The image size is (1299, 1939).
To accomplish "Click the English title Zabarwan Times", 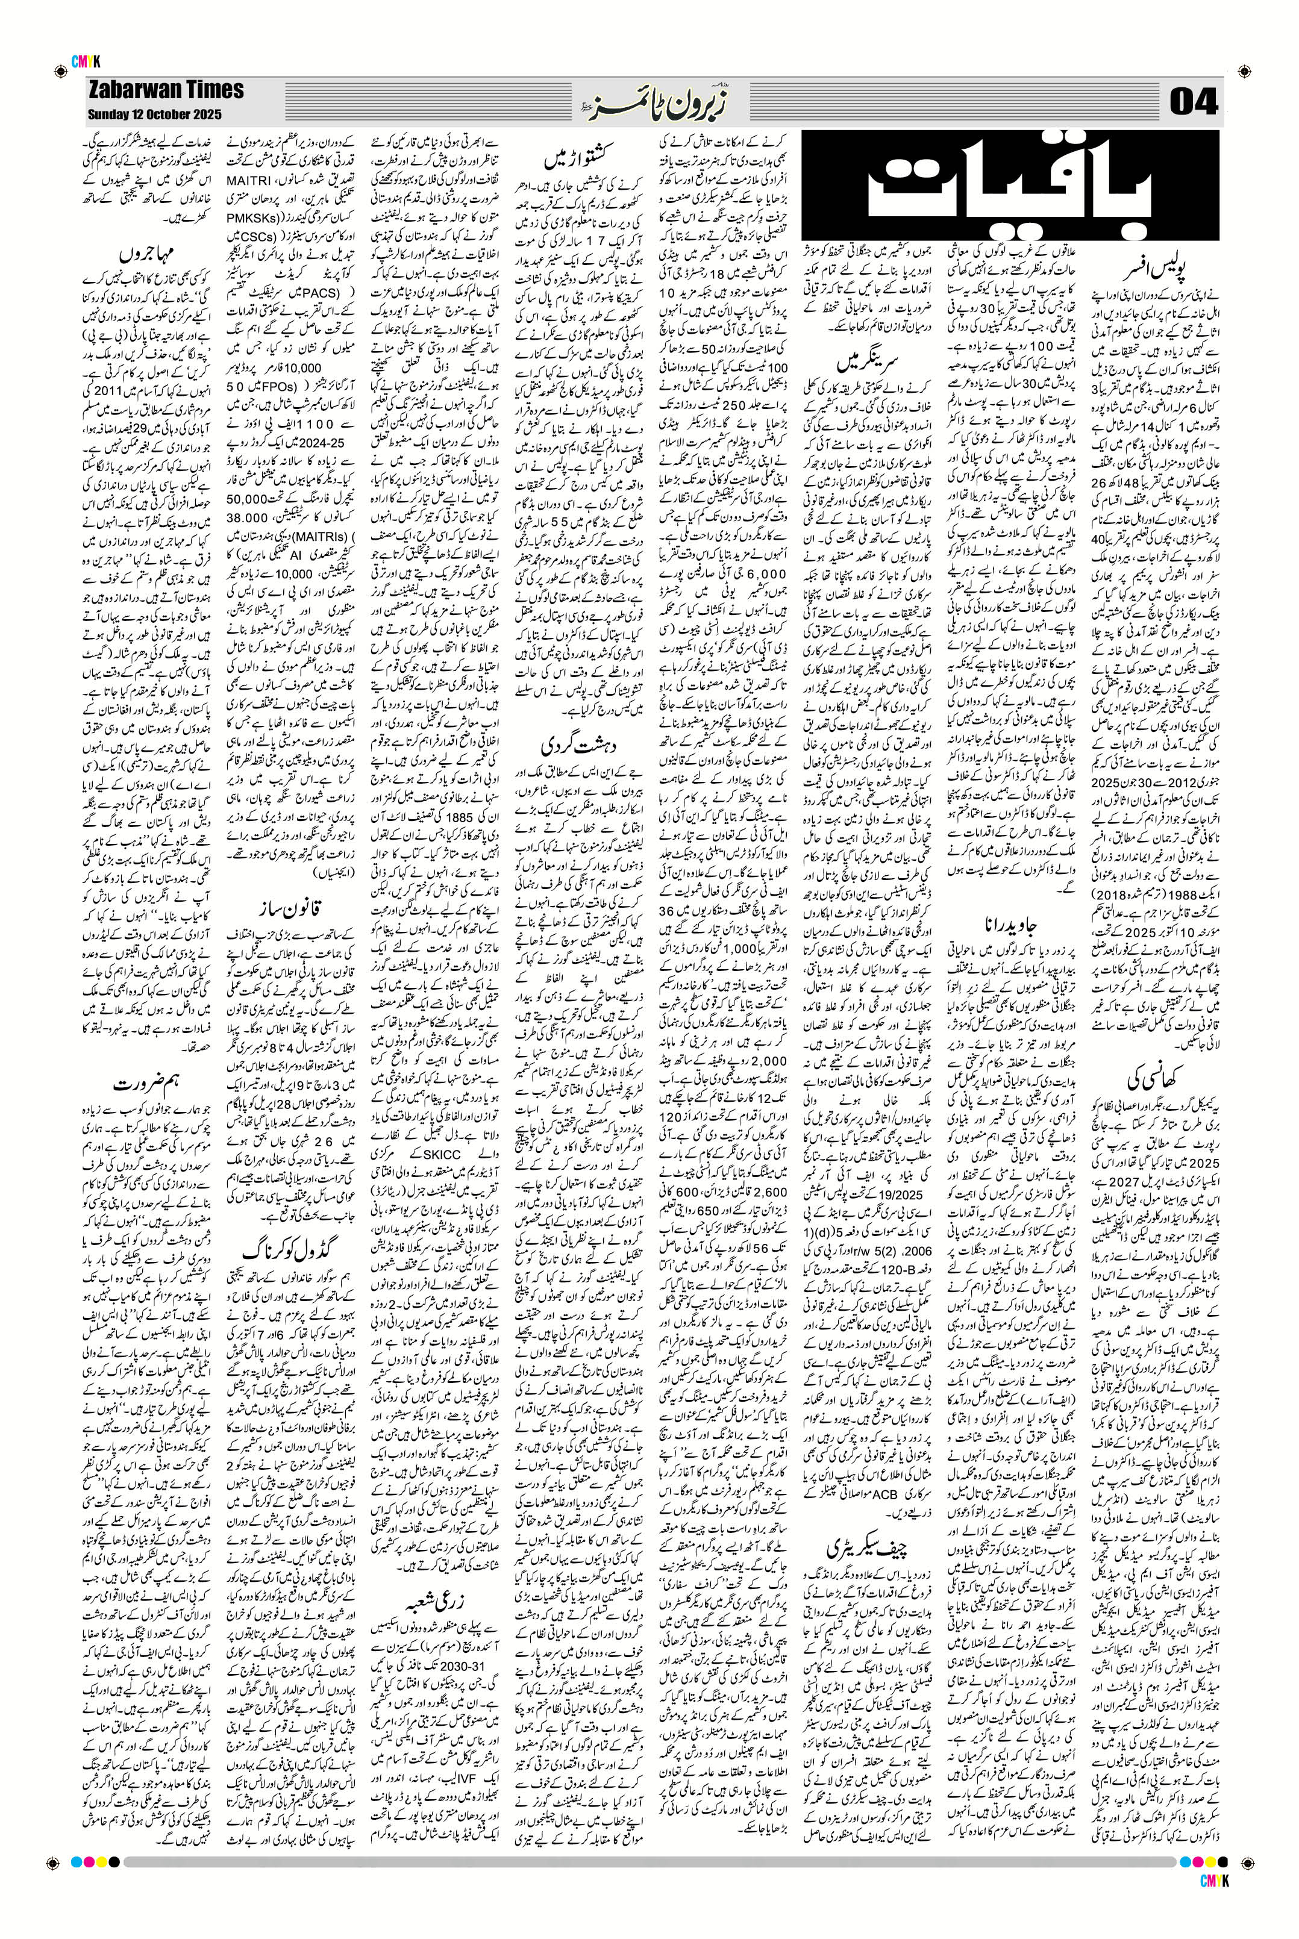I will click(166, 90).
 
